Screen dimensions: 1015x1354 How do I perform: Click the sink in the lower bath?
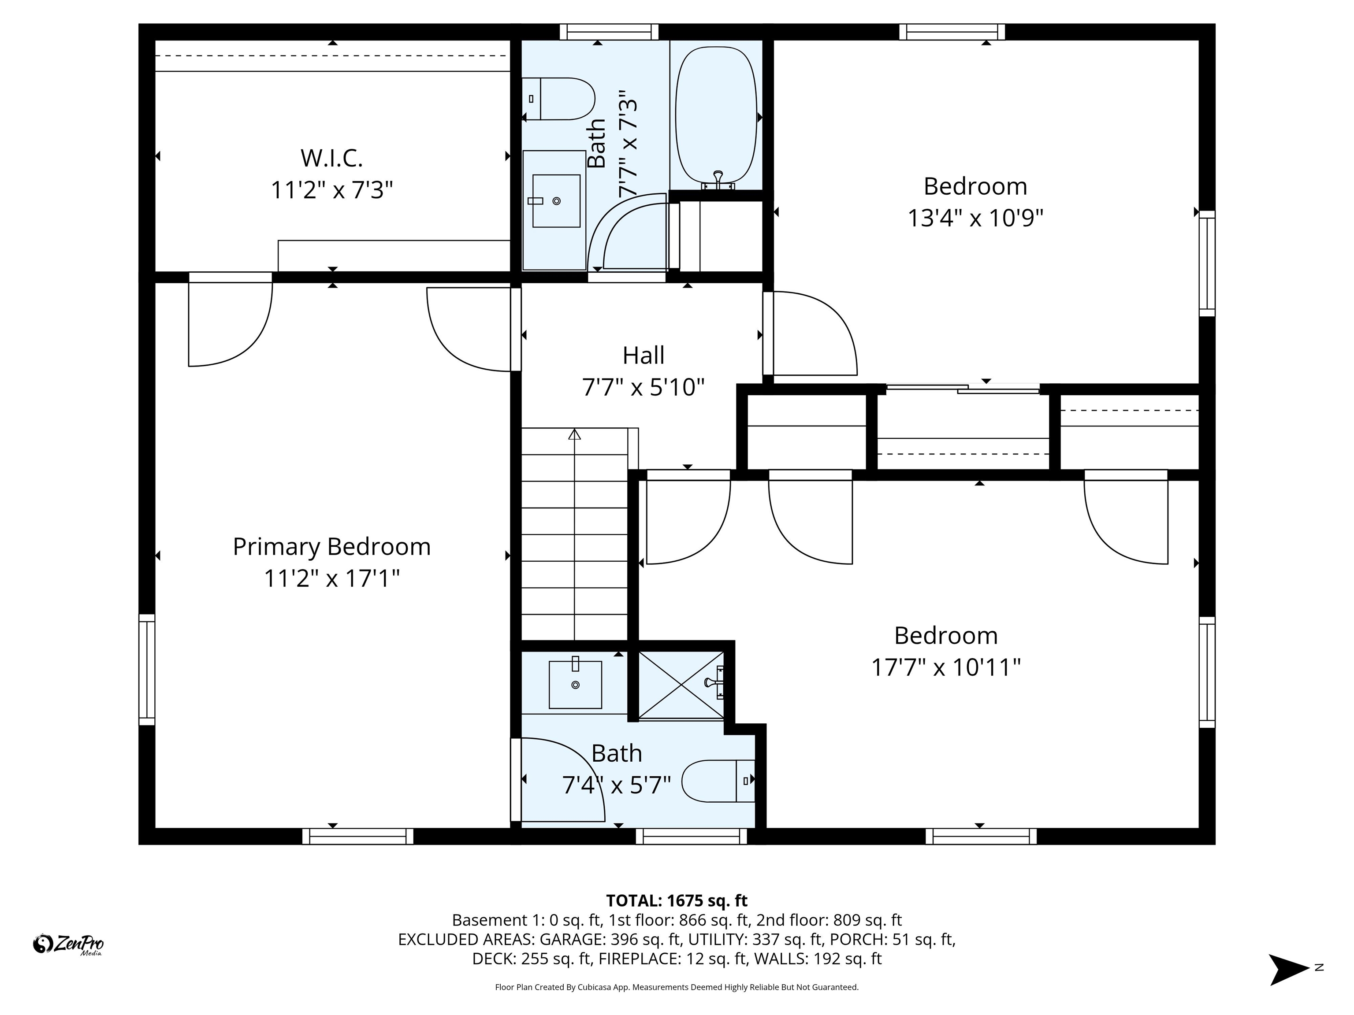(x=575, y=684)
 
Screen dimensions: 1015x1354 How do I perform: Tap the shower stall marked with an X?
(x=681, y=684)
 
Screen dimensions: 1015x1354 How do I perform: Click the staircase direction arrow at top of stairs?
(x=574, y=434)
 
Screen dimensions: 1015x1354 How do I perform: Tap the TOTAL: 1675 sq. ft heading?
(x=677, y=900)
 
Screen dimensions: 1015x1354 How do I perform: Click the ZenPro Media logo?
(x=68, y=944)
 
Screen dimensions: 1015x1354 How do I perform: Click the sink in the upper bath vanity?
(x=556, y=201)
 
